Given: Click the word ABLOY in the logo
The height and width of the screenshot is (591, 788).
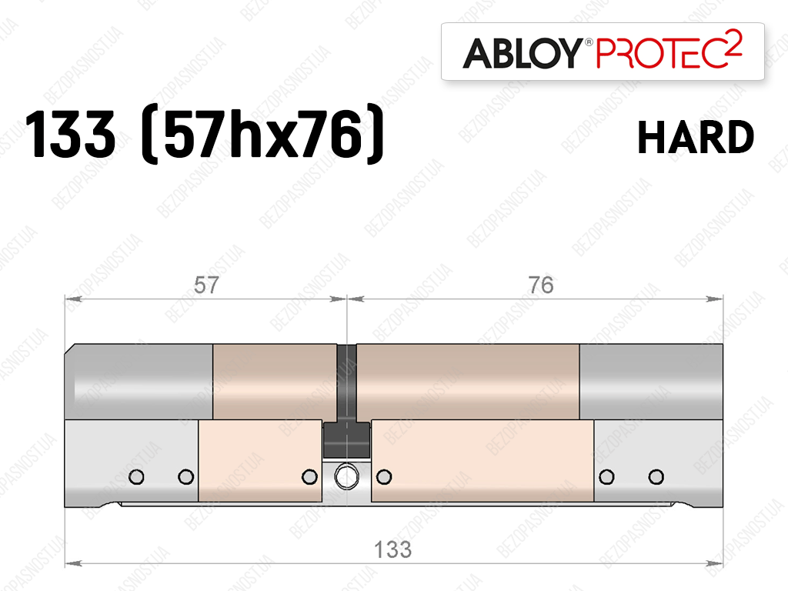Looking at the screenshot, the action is point(522,53).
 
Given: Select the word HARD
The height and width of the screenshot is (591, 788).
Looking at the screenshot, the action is point(696,137).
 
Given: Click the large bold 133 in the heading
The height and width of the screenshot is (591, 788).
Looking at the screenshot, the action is point(70,134).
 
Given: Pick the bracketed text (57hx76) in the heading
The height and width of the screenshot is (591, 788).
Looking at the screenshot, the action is point(263,133).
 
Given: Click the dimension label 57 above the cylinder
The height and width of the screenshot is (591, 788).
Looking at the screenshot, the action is point(206,285).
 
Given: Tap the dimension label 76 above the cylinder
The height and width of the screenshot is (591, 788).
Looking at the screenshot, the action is point(541,285).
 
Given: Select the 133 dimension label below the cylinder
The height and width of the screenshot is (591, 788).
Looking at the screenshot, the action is point(393,549).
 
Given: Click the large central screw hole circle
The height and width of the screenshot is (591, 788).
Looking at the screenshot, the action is point(347,476).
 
